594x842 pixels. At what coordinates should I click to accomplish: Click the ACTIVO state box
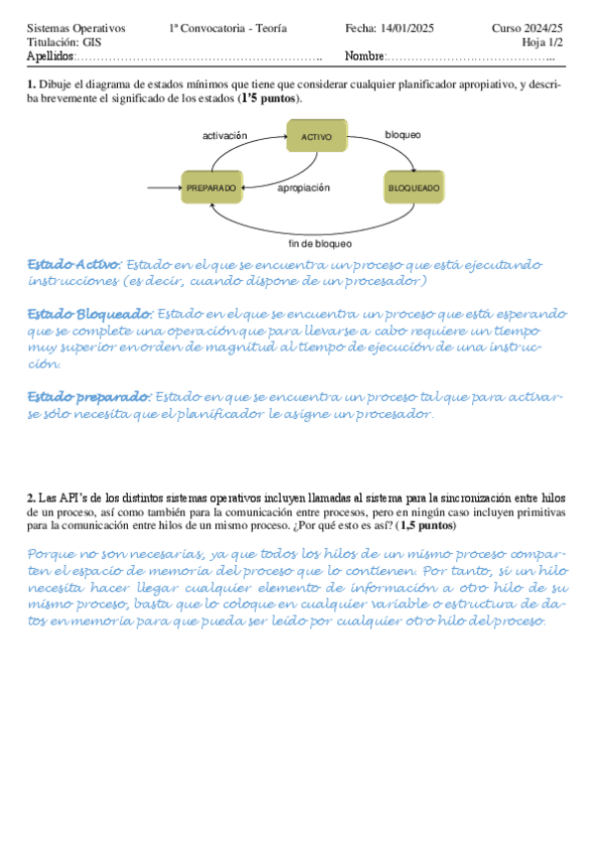point(316,136)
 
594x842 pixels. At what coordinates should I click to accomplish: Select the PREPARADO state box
point(212,187)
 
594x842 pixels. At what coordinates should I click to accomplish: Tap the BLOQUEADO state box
point(413,187)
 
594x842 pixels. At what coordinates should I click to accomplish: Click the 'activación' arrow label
point(225,134)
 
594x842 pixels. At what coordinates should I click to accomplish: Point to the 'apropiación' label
point(303,187)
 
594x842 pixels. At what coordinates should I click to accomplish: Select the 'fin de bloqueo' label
point(318,243)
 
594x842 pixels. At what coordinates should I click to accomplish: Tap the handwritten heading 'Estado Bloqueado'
point(90,314)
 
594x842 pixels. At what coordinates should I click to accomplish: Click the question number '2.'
point(32,496)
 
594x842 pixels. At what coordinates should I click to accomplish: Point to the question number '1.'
point(32,85)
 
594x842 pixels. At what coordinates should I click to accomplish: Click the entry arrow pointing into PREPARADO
point(163,187)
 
